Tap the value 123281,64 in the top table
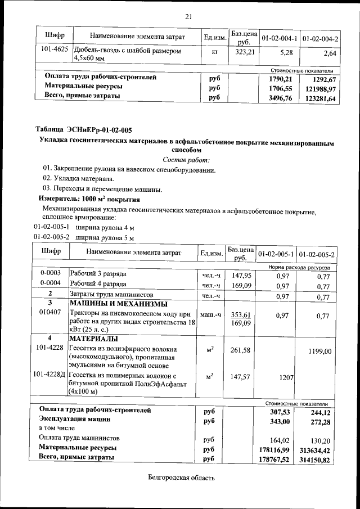[x=319, y=99]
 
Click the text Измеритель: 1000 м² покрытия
[x=88, y=199]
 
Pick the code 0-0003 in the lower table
[x=51, y=273]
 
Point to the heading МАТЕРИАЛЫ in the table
[x=93, y=339]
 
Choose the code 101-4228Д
[x=51, y=374]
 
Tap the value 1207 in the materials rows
[x=286, y=379]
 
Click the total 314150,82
[x=318, y=460]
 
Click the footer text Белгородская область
[x=177, y=478]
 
